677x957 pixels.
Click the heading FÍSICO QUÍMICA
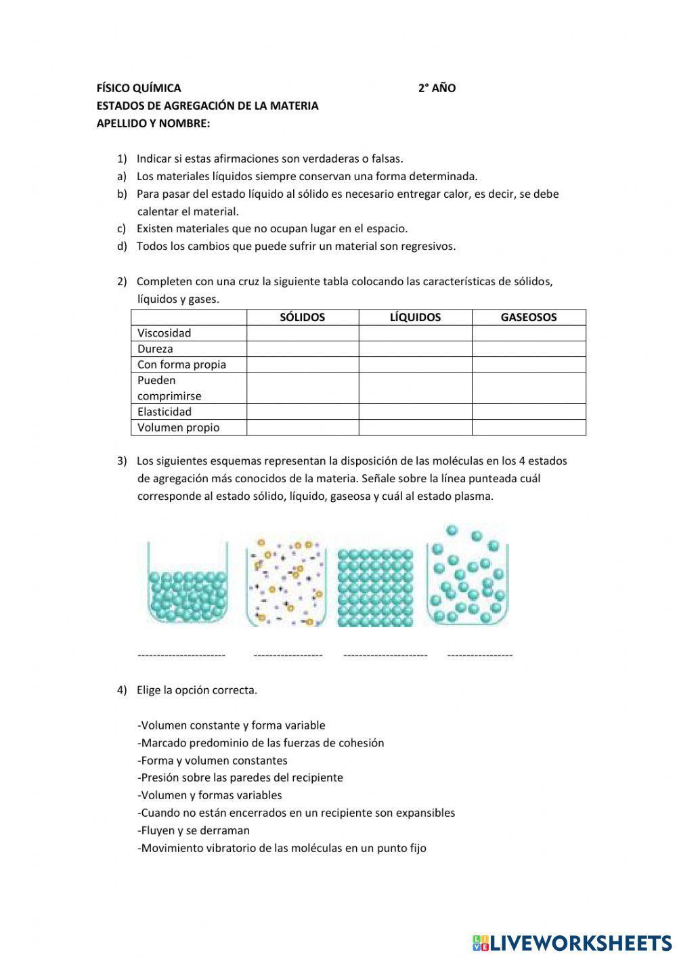[x=139, y=88]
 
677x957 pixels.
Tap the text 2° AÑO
[x=437, y=88]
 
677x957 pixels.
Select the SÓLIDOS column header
[x=302, y=317]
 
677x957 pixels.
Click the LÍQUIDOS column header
[x=415, y=317]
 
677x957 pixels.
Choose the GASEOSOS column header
[x=528, y=317]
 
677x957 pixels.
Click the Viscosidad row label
[x=165, y=333]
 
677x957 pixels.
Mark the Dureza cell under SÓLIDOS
[x=302, y=349]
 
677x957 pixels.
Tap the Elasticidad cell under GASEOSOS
[x=528, y=411]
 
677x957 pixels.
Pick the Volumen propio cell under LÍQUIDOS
[x=415, y=427]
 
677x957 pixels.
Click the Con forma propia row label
[x=181, y=364]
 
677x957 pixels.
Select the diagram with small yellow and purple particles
[x=286, y=582]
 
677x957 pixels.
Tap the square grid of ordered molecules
[x=375, y=587]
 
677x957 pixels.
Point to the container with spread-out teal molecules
[x=467, y=576]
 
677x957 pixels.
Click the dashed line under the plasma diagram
[x=288, y=655]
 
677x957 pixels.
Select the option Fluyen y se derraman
[x=194, y=830]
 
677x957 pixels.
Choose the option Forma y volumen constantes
[x=213, y=760]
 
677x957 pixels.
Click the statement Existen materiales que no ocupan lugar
[x=272, y=229]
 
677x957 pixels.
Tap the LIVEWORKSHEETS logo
[x=572, y=942]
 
